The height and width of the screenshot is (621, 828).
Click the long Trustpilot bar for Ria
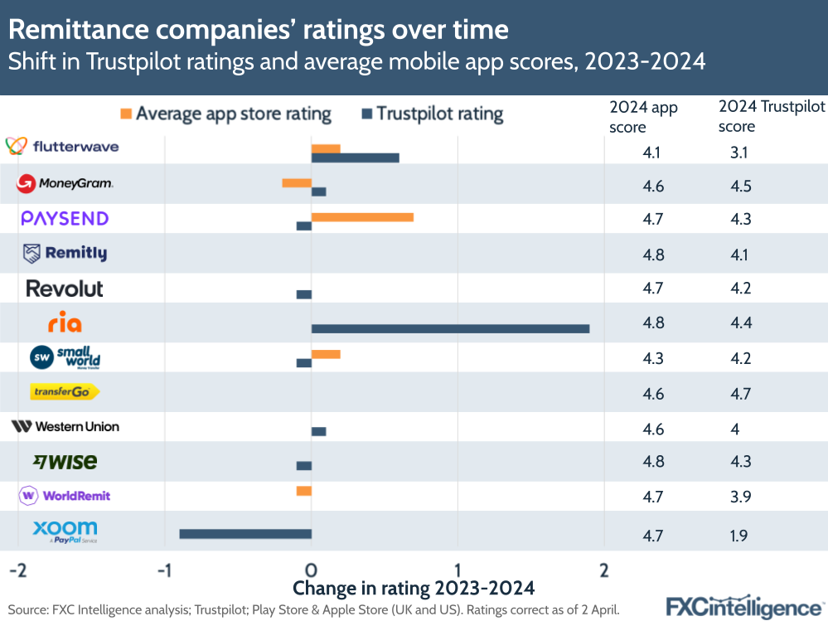[x=450, y=328]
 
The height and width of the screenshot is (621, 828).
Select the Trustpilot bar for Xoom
[x=245, y=534]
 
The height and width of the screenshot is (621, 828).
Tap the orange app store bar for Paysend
[x=362, y=217]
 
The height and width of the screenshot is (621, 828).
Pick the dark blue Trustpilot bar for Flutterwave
[x=355, y=158]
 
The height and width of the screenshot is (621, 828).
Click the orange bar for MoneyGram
[x=297, y=183]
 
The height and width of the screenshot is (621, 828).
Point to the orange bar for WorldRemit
[x=303, y=491]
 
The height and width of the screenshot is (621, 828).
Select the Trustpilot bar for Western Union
[x=318, y=431]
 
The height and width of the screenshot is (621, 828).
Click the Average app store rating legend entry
[x=225, y=114]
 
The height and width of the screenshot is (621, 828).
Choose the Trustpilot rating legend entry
[x=432, y=114]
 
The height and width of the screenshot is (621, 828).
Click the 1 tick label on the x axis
[x=458, y=570]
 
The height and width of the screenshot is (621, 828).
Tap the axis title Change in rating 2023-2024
[x=414, y=588]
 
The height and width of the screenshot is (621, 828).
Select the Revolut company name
[x=65, y=289]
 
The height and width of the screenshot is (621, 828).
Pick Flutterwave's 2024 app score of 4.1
[x=652, y=153]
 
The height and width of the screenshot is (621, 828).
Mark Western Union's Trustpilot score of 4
[x=734, y=429]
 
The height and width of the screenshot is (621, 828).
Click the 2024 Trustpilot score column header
[x=770, y=116]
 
